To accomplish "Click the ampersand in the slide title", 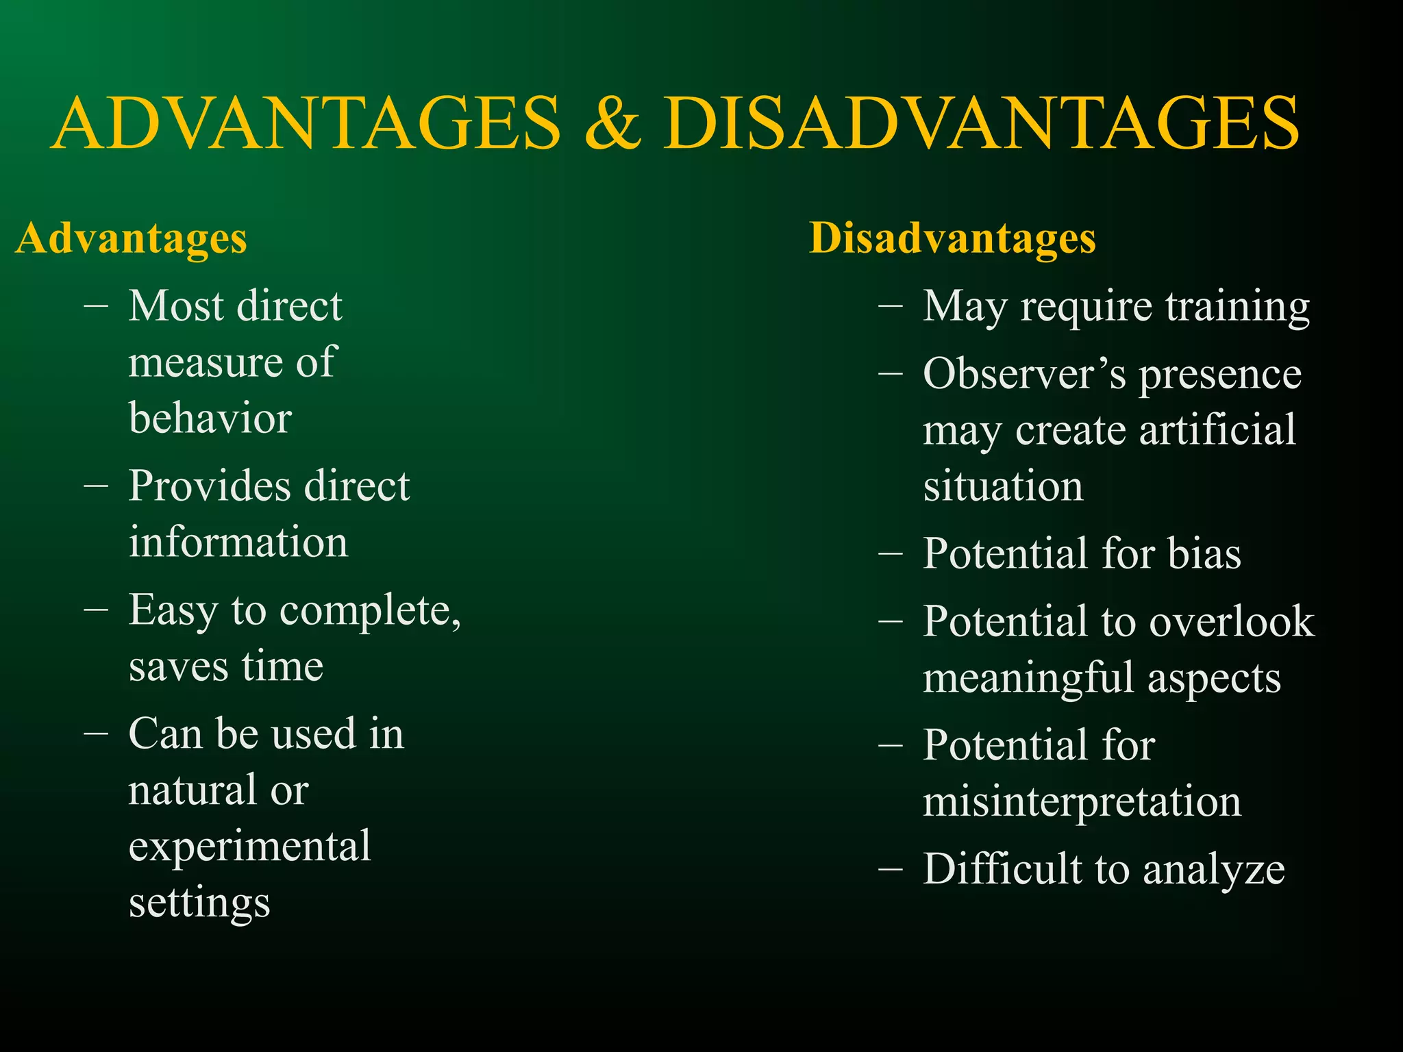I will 613,123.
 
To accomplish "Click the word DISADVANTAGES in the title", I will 980,123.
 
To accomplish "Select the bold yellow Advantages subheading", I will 131,238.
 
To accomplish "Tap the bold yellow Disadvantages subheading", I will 952,238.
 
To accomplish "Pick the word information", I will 238,542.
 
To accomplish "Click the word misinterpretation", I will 1082,801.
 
